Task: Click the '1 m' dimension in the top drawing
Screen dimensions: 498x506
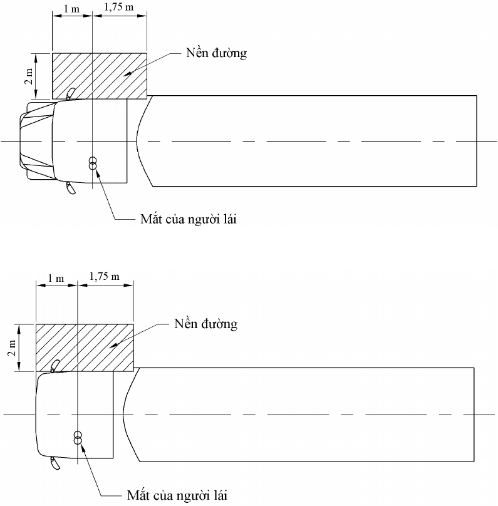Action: (x=71, y=9)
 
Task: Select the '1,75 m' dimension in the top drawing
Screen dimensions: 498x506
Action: (x=118, y=7)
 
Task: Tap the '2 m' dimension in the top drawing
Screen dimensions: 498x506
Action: (x=29, y=76)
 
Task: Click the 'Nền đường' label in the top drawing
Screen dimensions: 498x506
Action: (x=216, y=53)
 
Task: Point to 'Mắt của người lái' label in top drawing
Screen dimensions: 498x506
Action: (x=188, y=219)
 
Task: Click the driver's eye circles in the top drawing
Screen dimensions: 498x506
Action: (x=93, y=163)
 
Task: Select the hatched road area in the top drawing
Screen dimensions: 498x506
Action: (x=100, y=76)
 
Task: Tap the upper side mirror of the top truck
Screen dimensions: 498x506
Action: (x=71, y=93)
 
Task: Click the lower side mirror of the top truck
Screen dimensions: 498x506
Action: (x=71, y=188)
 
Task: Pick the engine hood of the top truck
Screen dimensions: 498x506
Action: (x=36, y=141)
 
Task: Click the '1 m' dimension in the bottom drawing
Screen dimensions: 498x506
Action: (x=56, y=278)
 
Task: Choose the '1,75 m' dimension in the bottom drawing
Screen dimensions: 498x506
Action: (x=104, y=277)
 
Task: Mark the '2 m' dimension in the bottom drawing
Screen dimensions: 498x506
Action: (x=12, y=348)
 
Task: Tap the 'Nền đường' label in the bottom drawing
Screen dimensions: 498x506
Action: (x=205, y=324)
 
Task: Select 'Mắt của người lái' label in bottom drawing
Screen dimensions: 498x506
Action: (x=177, y=495)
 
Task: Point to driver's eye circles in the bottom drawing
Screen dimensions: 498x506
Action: (x=78, y=437)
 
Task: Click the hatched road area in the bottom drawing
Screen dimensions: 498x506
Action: (x=85, y=348)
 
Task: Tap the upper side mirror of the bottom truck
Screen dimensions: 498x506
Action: (x=55, y=366)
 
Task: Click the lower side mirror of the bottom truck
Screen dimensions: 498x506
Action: (x=55, y=463)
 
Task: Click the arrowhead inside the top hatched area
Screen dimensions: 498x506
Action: (x=127, y=73)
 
